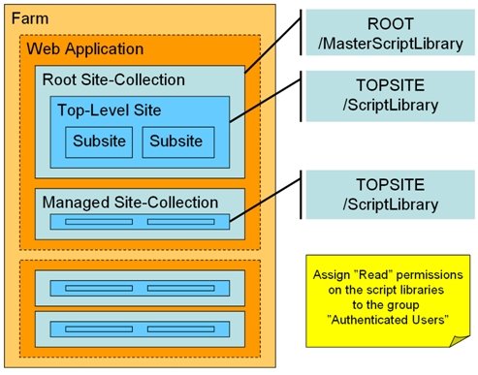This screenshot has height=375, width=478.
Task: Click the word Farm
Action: pyautogui.click(x=30, y=18)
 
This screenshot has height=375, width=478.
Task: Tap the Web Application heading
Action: pyautogui.click(x=85, y=49)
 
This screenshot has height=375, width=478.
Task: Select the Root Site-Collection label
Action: pyautogui.click(x=113, y=79)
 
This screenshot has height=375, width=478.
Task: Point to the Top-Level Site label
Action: pyautogui.click(x=110, y=110)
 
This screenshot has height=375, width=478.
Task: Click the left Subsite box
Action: pyautogui.click(x=99, y=142)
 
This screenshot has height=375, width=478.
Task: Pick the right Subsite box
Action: pyautogui.click(x=178, y=142)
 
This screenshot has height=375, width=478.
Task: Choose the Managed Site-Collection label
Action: pyautogui.click(x=130, y=203)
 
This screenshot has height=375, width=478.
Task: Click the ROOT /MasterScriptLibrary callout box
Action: pyautogui.click(x=391, y=32)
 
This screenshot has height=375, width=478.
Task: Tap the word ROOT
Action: pyautogui.click(x=391, y=24)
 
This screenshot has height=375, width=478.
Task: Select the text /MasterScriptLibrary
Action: pyautogui.click(x=391, y=44)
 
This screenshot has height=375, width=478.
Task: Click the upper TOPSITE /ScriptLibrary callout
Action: pyautogui.click(x=391, y=96)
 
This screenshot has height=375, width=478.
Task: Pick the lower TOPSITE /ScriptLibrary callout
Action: pyautogui.click(x=391, y=195)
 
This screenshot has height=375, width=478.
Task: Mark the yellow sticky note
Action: pyautogui.click(x=388, y=300)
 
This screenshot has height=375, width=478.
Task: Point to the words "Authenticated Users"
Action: pyautogui.click(x=388, y=320)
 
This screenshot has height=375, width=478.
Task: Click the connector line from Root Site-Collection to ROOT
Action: pyautogui.click(x=272, y=45)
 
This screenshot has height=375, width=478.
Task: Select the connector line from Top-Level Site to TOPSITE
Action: pyautogui.click(x=266, y=101)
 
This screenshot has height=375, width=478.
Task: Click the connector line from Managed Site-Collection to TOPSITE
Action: pyautogui.click(x=266, y=201)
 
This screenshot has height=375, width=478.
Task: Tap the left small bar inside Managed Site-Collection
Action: pyautogui.click(x=99, y=222)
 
